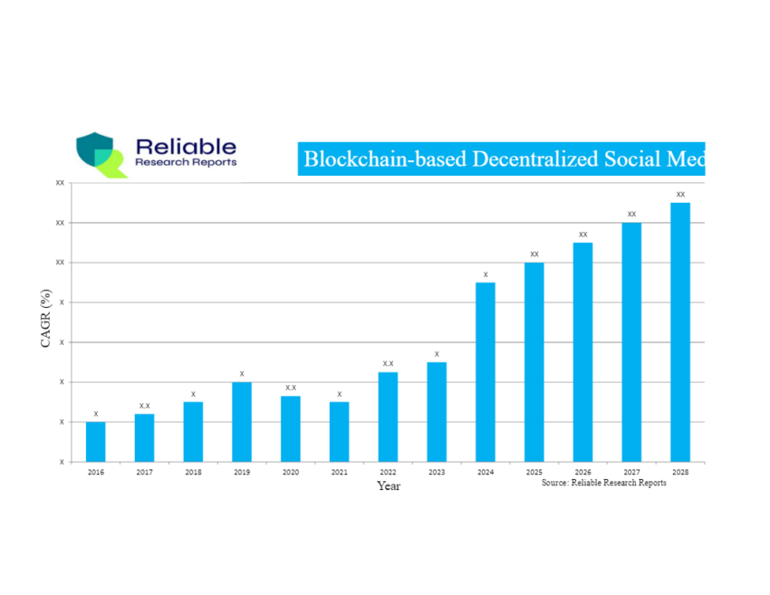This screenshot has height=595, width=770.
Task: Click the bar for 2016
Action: [95, 442]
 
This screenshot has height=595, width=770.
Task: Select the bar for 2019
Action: [242, 422]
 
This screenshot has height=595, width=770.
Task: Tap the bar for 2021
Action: [339, 432]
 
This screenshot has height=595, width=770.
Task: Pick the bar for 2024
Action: [486, 372]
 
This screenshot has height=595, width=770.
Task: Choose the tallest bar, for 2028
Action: [680, 332]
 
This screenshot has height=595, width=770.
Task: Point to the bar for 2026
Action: [582, 352]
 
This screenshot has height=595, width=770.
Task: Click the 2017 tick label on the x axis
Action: [144, 473]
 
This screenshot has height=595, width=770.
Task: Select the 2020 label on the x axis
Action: [290, 473]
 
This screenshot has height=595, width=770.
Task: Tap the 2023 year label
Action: [437, 473]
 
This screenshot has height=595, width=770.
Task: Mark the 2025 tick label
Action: [534, 473]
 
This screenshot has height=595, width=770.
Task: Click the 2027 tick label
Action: [631, 473]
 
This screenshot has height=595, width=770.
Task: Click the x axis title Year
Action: [389, 486]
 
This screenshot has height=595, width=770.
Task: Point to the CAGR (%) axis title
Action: [45, 319]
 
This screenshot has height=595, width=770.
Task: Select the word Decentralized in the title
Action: [526, 159]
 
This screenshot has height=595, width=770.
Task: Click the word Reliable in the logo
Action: [186, 147]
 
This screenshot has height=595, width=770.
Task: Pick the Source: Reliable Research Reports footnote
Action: [604, 483]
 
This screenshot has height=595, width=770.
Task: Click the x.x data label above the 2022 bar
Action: [388, 363]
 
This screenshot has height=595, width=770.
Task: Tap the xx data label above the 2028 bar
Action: [680, 195]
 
